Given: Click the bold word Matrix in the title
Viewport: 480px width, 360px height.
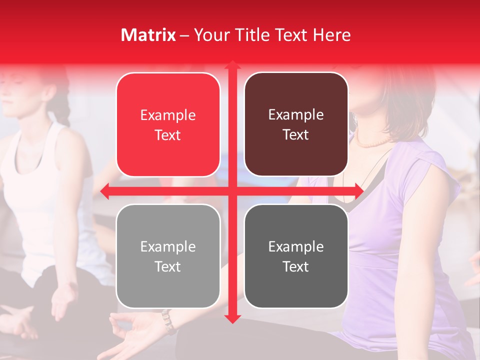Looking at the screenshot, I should [148, 35].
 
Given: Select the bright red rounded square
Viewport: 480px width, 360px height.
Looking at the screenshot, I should [168, 125].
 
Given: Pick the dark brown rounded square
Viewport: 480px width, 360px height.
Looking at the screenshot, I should [296, 125].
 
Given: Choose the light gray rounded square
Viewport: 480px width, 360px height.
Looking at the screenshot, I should [168, 256].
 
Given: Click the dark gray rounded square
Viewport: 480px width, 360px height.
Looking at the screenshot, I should [296, 256].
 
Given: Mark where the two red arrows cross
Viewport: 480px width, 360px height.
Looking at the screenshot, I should [232, 191].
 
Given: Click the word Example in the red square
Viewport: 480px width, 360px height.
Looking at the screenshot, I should [168, 115].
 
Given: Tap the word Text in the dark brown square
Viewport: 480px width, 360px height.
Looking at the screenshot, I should [296, 135].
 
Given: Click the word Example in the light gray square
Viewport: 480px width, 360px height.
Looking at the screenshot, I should [168, 246].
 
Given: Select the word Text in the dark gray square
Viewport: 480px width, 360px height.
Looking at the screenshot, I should [296, 266].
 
